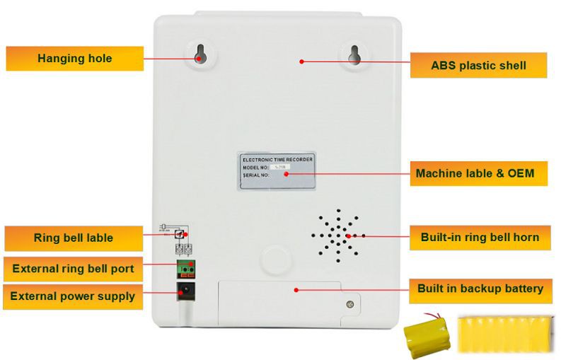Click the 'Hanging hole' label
point(74,58)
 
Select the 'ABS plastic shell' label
point(478,66)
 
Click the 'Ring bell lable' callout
point(74,238)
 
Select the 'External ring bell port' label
point(74,269)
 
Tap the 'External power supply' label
point(74,296)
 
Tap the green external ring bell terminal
point(185,269)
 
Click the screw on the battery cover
point(349,305)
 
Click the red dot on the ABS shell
point(302,62)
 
